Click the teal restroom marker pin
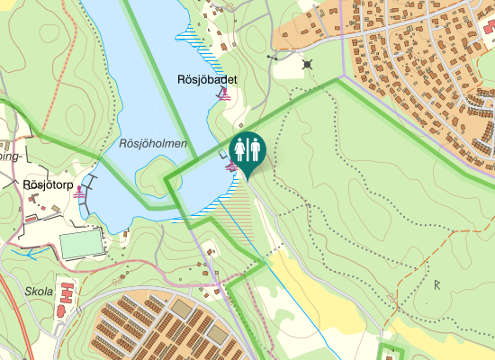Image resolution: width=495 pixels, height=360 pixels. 247,150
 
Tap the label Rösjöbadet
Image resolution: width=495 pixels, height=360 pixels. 206,80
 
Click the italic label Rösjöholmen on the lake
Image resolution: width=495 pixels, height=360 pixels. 152,143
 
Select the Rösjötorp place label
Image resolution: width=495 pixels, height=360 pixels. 46,184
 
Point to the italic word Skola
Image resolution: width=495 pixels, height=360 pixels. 40,292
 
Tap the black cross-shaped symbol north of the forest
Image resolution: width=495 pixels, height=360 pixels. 309,64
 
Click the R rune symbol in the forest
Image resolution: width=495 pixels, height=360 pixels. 437,285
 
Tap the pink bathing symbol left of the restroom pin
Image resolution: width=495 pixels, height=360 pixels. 231,166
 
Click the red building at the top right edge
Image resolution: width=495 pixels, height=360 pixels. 489,27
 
